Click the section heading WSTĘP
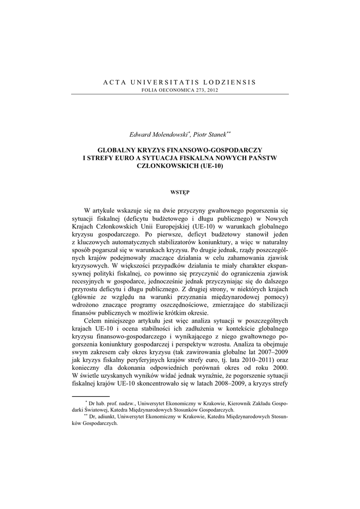click(x=180, y=190)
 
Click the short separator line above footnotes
click(x=90, y=396)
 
